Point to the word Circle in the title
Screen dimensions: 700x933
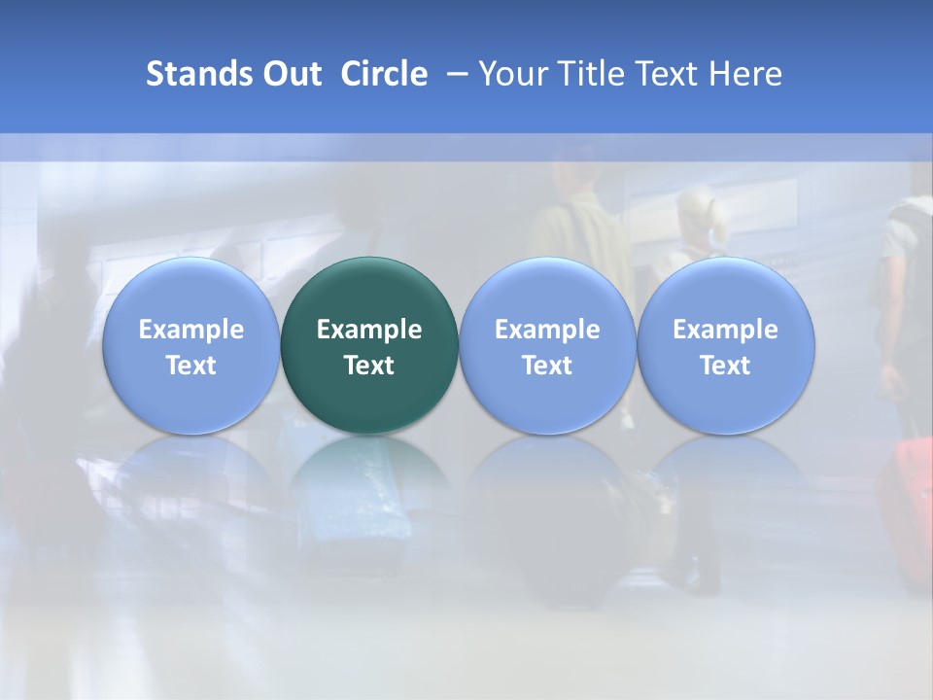384,74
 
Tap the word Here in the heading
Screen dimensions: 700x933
745,74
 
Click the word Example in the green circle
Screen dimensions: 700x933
369,330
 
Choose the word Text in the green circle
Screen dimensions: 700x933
369,366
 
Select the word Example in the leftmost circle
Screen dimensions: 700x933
190,330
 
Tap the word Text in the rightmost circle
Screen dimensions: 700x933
725,366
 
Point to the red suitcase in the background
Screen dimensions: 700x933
909,506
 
